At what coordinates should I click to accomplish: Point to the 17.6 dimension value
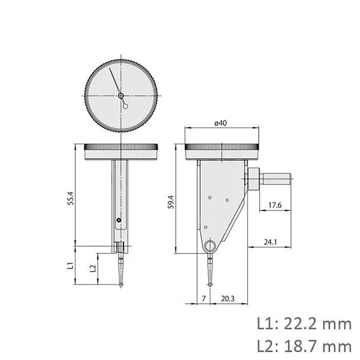275,206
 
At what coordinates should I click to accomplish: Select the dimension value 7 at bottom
204,298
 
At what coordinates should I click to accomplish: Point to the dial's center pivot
121,95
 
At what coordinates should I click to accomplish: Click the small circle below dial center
125,106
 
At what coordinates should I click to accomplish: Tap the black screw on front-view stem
119,221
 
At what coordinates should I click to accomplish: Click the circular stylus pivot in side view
210,246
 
